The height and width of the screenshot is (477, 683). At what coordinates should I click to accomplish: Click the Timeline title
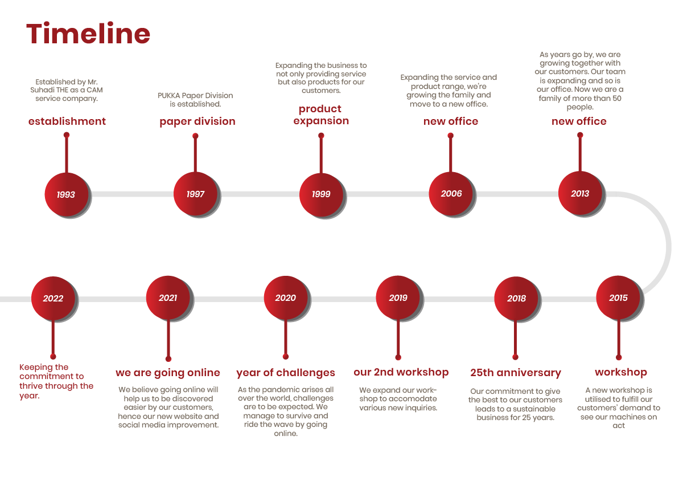pyautogui.click(x=88, y=33)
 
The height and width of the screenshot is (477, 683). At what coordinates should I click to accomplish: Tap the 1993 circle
pyautogui.click(x=67, y=194)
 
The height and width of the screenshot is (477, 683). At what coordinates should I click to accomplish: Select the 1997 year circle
pyautogui.click(x=195, y=194)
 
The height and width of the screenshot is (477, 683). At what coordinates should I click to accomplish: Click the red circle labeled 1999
pyautogui.click(x=321, y=194)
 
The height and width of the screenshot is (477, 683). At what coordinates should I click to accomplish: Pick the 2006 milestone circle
pyautogui.click(x=451, y=194)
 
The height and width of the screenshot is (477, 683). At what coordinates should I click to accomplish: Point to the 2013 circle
pyautogui.click(x=580, y=193)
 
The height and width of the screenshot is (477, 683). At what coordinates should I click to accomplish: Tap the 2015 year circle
pyautogui.click(x=618, y=297)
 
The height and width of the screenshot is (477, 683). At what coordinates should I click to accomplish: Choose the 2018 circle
pyautogui.click(x=516, y=299)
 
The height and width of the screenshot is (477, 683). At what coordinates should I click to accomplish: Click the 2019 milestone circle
pyautogui.click(x=398, y=297)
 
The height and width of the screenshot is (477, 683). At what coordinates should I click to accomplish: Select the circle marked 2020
pyautogui.click(x=286, y=297)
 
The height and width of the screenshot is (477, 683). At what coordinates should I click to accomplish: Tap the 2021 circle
pyautogui.click(x=168, y=297)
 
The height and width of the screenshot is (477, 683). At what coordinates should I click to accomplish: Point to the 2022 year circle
pyautogui.click(x=53, y=299)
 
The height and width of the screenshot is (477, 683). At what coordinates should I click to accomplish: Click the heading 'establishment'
pyautogui.click(x=67, y=121)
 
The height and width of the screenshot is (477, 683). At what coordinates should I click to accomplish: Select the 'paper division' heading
pyautogui.click(x=198, y=121)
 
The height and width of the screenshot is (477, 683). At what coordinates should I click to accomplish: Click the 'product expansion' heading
pyautogui.click(x=321, y=115)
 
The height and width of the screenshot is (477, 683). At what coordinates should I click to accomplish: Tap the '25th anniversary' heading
pyautogui.click(x=516, y=373)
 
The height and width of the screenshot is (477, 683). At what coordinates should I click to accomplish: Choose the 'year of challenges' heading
pyautogui.click(x=286, y=373)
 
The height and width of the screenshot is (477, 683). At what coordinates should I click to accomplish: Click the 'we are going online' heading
pyautogui.click(x=168, y=373)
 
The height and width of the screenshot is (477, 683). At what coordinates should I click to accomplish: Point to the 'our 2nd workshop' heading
pyautogui.click(x=401, y=372)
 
